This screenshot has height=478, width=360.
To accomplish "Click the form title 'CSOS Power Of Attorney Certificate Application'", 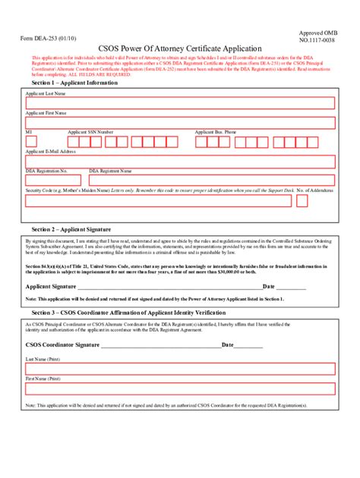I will (x=179, y=47).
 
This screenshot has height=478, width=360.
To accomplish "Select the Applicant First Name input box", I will (x=179, y=123).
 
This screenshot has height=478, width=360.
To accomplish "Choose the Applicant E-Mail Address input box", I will (x=179, y=162).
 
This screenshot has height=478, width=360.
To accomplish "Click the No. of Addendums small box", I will (x=302, y=201).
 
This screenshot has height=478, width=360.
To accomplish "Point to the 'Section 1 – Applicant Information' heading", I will (x=75, y=83).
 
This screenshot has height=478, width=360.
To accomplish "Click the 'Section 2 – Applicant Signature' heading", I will (x=71, y=228).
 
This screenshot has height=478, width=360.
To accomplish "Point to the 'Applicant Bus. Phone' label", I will (x=216, y=132).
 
